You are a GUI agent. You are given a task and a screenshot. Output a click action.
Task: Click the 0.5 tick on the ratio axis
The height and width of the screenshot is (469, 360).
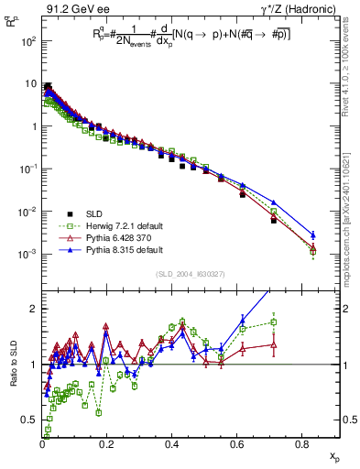coord(31,420)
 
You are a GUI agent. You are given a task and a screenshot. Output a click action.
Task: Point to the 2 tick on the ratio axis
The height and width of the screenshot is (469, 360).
coord(35,309)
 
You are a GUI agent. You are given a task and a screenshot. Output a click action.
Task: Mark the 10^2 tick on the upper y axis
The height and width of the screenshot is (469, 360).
coord(29,42)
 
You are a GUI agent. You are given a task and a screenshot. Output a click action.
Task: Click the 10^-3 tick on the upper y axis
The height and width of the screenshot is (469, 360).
coord(28,254)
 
